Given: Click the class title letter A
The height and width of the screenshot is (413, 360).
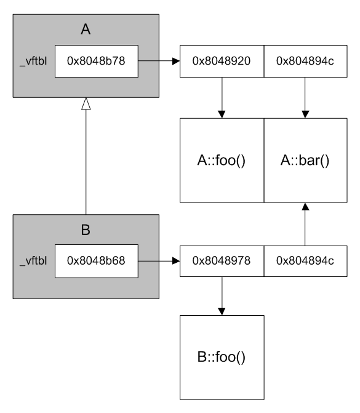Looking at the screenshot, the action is [x=86, y=29].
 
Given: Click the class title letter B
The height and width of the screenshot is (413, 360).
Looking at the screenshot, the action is [x=86, y=230].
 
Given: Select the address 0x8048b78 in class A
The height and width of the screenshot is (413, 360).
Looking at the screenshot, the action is [x=96, y=61].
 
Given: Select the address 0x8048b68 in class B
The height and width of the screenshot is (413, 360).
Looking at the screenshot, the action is [x=96, y=261].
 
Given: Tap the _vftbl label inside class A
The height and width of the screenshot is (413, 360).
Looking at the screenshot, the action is [x=33, y=61].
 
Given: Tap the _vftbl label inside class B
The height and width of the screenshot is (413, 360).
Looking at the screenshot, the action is [x=33, y=261].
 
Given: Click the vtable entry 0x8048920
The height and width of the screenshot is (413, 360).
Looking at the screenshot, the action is [x=222, y=61].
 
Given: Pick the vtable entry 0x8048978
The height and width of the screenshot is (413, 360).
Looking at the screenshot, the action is [x=222, y=261].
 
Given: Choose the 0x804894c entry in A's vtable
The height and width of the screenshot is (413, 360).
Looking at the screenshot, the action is [x=305, y=61].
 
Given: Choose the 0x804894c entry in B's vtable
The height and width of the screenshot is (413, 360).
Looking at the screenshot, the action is [x=305, y=261].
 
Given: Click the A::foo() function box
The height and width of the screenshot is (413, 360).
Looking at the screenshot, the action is [x=222, y=161].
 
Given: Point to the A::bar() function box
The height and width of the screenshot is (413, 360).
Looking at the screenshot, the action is [x=305, y=161].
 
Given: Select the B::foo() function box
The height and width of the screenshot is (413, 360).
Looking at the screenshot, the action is [x=222, y=358].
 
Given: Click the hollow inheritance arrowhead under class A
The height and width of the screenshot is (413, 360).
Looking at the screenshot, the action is [x=86, y=104].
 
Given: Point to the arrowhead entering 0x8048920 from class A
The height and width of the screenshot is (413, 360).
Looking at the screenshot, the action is [x=176, y=61].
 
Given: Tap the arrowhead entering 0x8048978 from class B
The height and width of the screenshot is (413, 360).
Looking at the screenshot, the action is [x=176, y=261].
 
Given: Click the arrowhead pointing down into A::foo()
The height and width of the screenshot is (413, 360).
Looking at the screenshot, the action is [x=222, y=114].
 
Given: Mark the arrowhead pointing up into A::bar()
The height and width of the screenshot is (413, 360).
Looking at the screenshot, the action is [x=305, y=207].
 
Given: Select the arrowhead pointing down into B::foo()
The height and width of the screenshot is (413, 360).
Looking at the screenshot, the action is [x=222, y=311].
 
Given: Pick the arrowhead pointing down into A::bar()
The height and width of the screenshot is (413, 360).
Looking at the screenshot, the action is [x=305, y=114].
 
